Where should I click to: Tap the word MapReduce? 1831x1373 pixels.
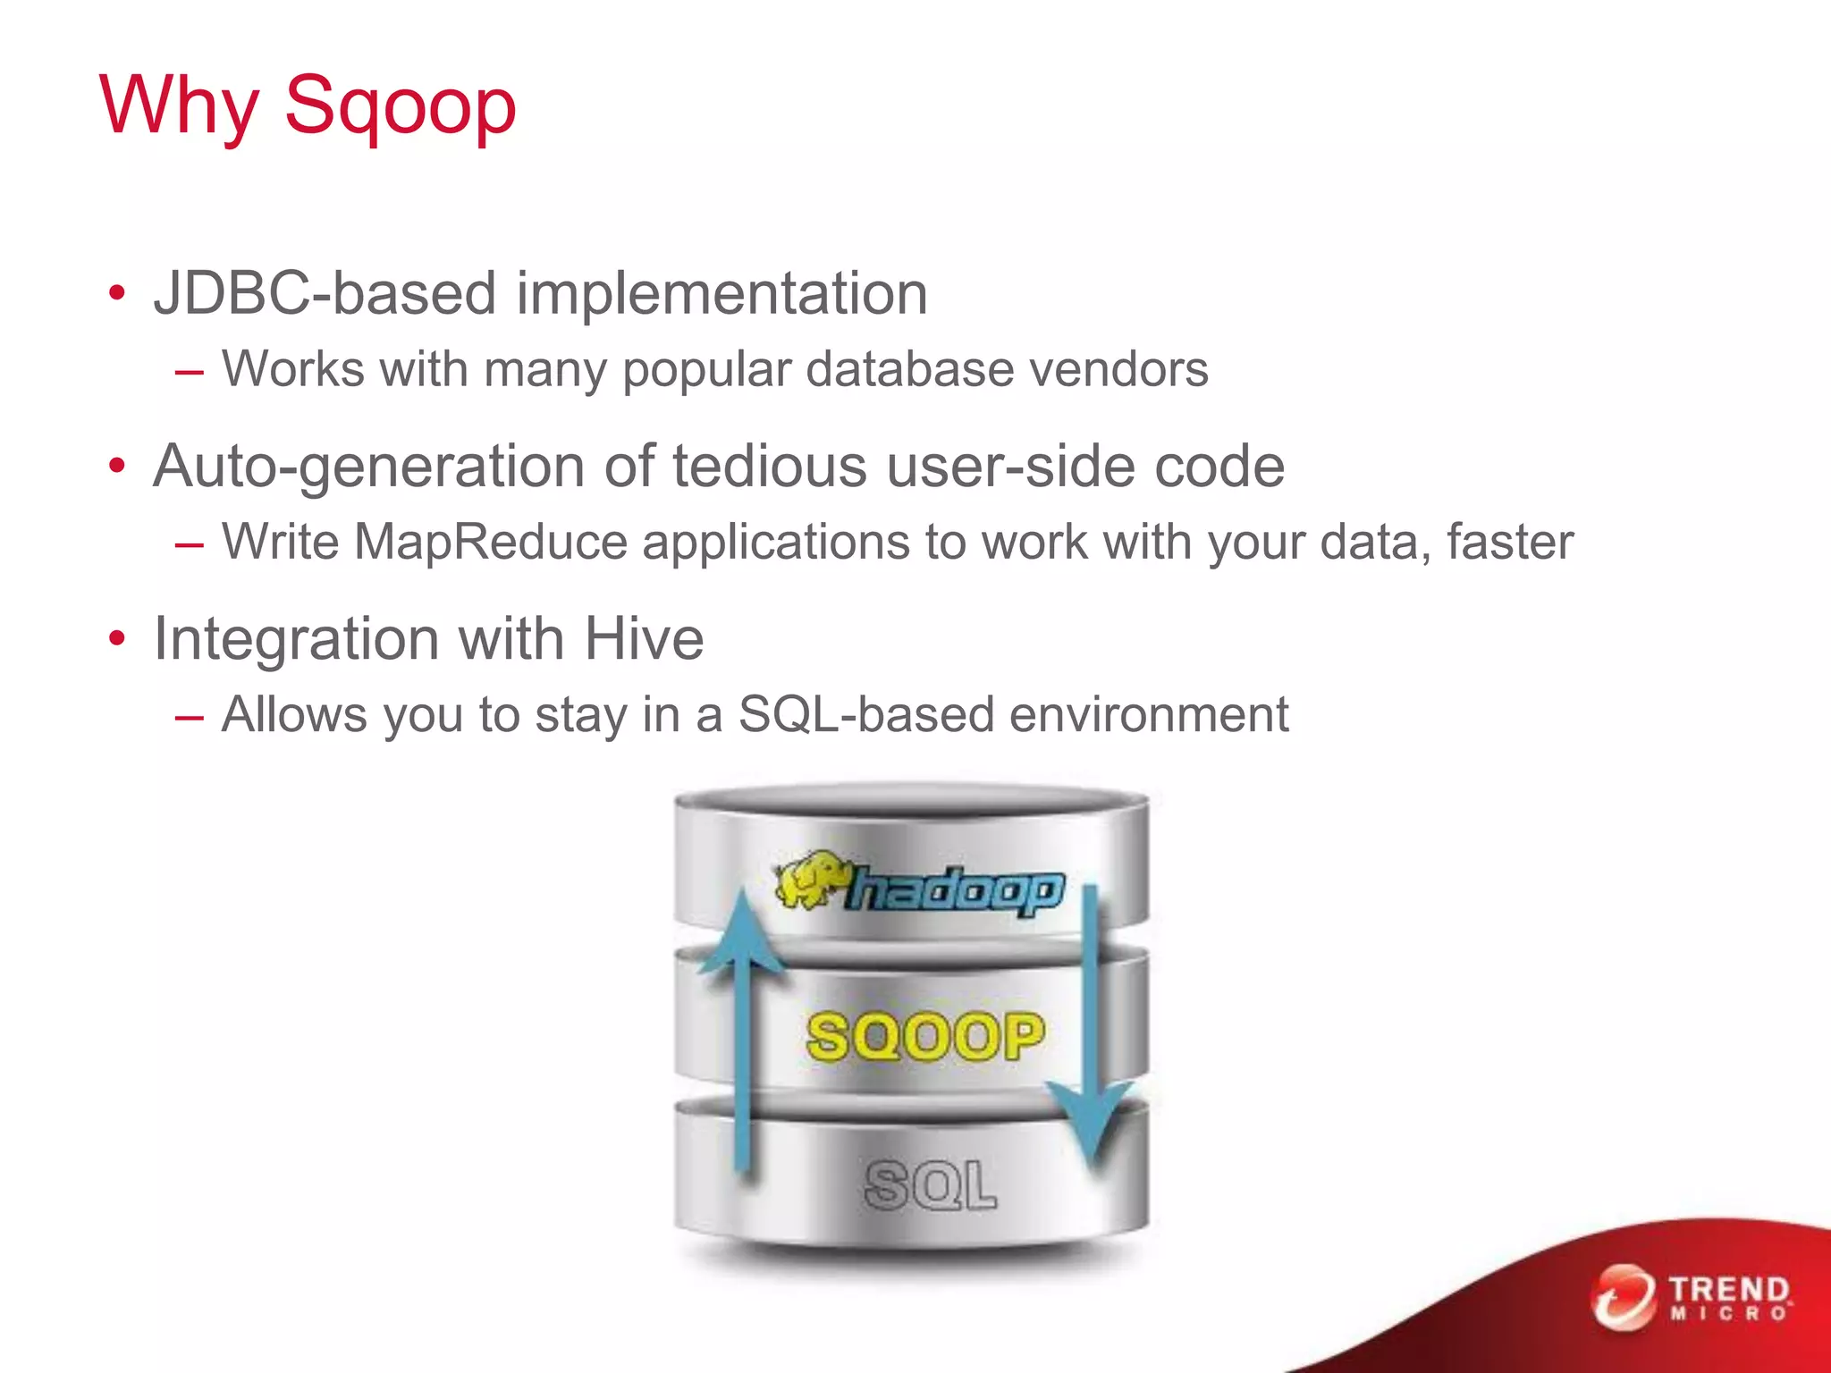tap(490, 542)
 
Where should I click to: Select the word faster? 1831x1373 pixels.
tap(1510, 542)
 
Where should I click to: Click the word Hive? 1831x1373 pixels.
tap(644, 639)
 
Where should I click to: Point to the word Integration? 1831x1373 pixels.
tap(296, 639)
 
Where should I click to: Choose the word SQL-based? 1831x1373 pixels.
tap(865, 715)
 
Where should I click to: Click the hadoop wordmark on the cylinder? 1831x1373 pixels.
tap(955, 891)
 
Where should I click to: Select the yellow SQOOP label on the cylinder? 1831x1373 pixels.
tap(925, 1037)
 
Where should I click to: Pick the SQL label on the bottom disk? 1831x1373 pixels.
tap(930, 1185)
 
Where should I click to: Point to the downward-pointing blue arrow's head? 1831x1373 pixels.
tap(1091, 1122)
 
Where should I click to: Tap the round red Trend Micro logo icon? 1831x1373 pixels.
tap(1624, 1297)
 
